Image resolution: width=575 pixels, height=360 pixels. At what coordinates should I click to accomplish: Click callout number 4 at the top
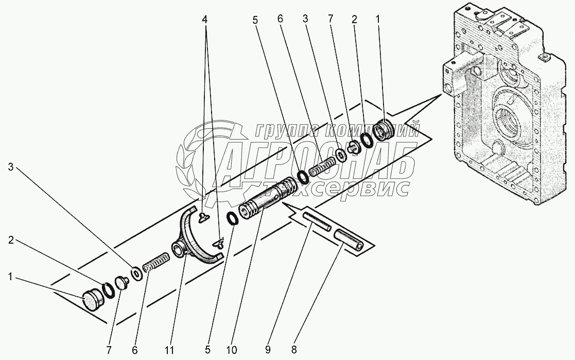205,20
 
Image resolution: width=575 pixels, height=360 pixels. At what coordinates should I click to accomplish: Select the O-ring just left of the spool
232,218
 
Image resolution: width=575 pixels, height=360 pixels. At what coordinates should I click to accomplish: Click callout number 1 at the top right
378,20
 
